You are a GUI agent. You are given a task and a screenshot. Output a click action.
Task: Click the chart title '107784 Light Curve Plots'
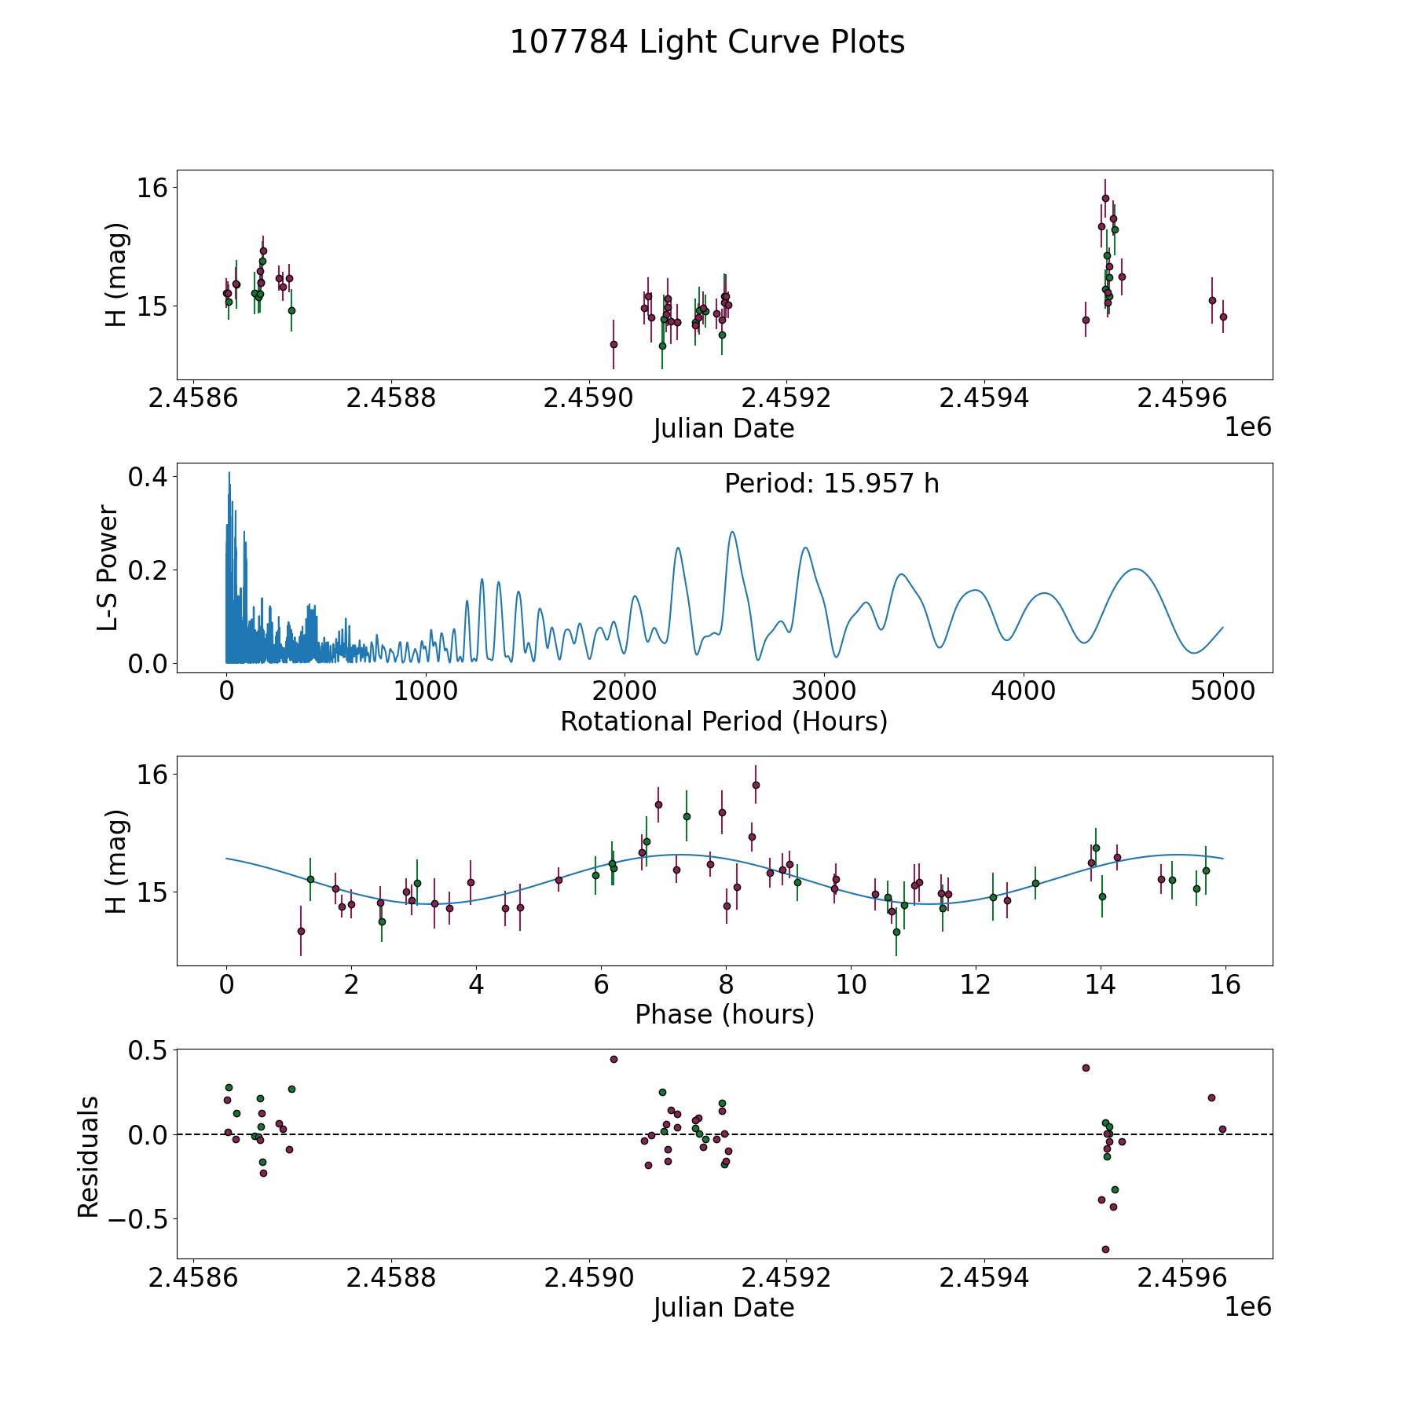coord(707,42)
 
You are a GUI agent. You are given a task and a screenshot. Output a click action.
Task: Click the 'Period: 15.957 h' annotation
coord(831,484)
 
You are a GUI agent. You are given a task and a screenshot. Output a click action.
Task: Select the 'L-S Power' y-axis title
coord(108,568)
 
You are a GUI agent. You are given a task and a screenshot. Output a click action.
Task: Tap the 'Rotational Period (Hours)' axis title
coord(723,721)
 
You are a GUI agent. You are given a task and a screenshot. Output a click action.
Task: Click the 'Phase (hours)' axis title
coord(723,1014)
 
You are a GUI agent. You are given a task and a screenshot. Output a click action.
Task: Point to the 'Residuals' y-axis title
coord(88,1156)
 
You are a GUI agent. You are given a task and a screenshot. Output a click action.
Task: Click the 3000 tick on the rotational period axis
coord(824,692)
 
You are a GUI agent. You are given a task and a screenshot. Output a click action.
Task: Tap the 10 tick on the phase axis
coord(851,985)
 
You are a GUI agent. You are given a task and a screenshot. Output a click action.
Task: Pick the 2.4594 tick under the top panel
coord(984,398)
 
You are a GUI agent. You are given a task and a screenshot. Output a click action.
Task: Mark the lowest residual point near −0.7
coord(1105,1249)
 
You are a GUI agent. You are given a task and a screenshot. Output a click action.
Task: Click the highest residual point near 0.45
coord(614,1059)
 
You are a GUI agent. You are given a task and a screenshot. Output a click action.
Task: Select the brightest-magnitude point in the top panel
coord(1105,198)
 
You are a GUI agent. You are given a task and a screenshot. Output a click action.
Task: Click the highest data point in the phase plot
coord(756,785)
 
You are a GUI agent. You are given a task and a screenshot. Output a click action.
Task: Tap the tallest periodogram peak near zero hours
coord(229,473)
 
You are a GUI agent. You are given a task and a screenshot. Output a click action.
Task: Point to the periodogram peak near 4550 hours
coord(1135,569)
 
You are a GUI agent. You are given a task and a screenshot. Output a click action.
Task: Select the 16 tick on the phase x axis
coord(1225,985)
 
